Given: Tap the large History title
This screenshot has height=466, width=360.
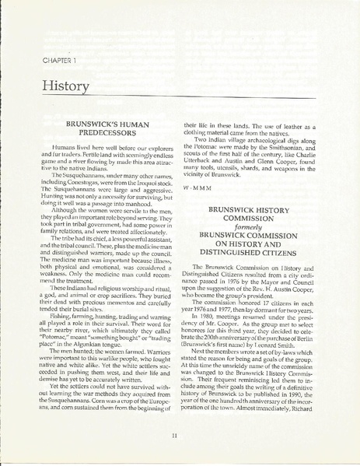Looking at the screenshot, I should [x=61, y=82].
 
